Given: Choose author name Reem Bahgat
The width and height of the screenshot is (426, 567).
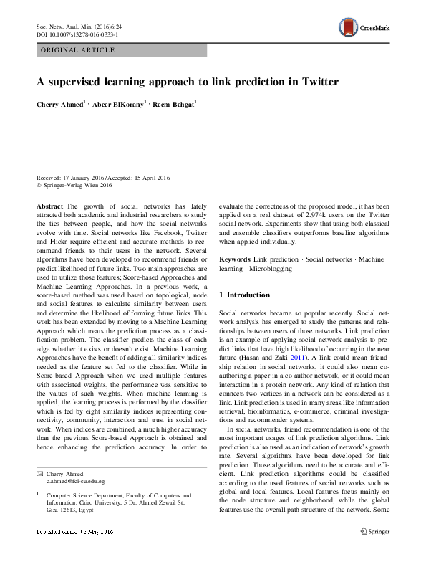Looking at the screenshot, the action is pos(175,105).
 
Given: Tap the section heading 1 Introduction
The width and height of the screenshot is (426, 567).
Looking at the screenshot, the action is pos(244,295).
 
